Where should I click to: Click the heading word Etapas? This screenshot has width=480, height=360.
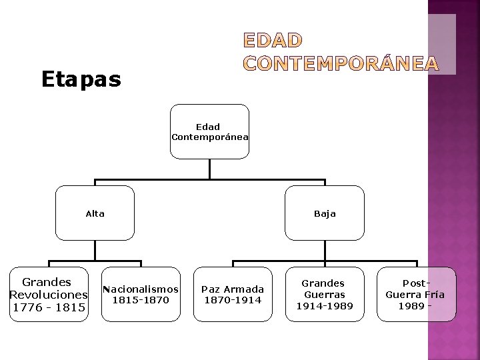81,80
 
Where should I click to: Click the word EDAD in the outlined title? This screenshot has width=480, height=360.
273,41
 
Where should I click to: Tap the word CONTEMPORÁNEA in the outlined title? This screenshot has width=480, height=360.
341,64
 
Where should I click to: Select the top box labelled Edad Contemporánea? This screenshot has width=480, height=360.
209,131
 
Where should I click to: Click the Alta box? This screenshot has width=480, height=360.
95,213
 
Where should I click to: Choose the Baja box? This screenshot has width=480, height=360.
325,213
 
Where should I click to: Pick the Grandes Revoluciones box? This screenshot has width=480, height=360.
48,295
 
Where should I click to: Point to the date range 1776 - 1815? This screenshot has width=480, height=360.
48,307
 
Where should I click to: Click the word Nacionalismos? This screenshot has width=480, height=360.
141,289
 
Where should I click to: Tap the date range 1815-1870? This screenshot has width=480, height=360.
141,300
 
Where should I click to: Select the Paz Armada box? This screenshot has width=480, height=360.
233,295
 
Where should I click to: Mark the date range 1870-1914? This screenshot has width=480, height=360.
233,300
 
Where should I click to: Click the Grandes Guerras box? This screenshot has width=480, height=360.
325,294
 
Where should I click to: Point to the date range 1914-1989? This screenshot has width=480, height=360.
325,305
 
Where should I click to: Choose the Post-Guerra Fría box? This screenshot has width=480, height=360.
416,294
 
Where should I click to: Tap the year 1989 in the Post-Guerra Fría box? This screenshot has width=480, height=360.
411,305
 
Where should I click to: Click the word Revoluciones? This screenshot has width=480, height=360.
48,295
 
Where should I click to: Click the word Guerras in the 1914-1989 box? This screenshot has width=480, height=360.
325,294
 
